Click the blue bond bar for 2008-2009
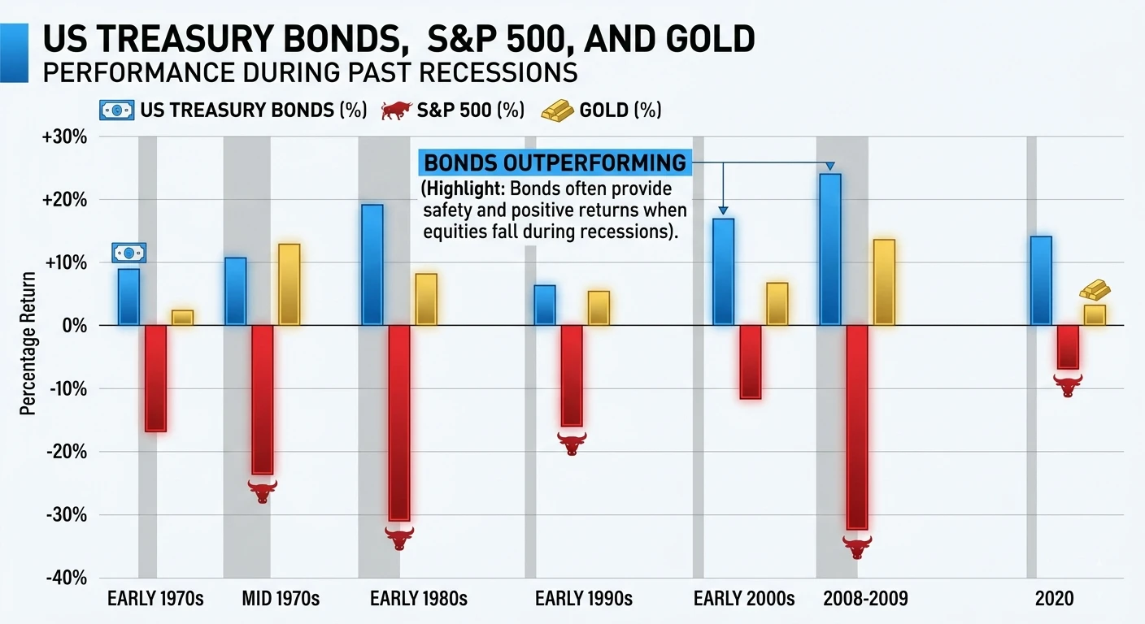pyautogui.click(x=830, y=249)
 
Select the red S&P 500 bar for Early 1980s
pyautogui.click(x=399, y=422)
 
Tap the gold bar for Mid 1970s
pyautogui.click(x=289, y=284)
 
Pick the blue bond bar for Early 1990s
pyautogui.click(x=545, y=305)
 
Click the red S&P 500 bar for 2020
pyautogui.click(x=1067, y=347)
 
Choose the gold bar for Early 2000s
pyautogui.click(x=777, y=304)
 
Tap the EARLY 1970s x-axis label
pyautogui.click(x=155, y=600)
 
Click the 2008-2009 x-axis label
pyautogui.click(x=865, y=600)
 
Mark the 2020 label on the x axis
pyautogui.click(x=1054, y=600)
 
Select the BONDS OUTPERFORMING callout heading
pyautogui.click(x=555, y=163)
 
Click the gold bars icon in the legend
pyautogui.click(x=557, y=110)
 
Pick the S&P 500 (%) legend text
pyautogui.click(x=470, y=110)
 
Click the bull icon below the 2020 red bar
pyautogui.click(x=1068, y=384)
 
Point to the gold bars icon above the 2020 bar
pyautogui.click(x=1095, y=290)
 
